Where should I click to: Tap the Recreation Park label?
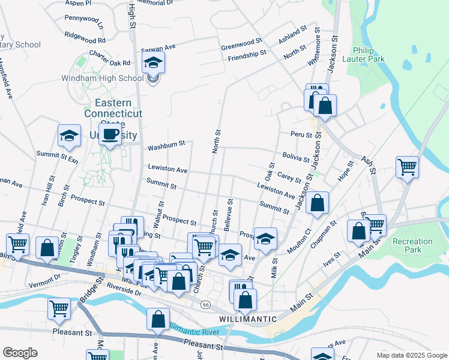coord(412,245)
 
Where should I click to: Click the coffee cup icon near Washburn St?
coord(110,134)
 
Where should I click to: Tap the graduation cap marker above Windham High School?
coord(154,62)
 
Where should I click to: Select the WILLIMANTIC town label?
coord(248,319)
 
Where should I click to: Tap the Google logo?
coord(20,352)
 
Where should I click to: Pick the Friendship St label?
coord(247,53)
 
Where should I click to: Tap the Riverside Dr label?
coord(124,293)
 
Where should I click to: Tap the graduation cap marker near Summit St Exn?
coord(70,136)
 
